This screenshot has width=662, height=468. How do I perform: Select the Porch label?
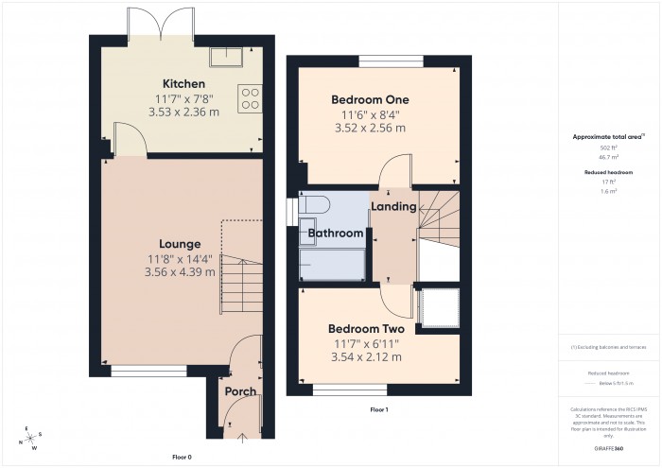(x=240, y=391)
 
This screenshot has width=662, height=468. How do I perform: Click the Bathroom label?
(x=336, y=234)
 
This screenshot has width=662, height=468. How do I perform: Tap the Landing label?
(x=393, y=206)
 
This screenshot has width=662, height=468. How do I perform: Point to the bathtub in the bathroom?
(x=332, y=266)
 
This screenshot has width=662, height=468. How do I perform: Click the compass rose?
(x=31, y=438)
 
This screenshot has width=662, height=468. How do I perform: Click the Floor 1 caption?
(x=378, y=409)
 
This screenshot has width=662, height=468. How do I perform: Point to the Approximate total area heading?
(x=608, y=137)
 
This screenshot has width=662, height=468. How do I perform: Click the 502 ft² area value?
(x=608, y=148)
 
